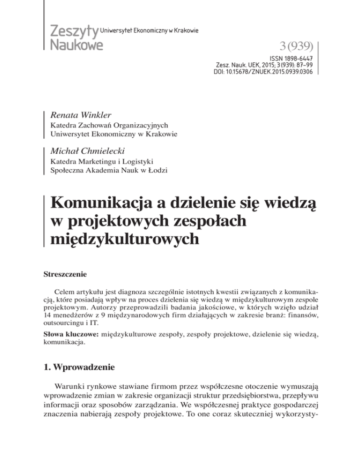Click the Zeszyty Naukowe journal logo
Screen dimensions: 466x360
[x=74, y=37]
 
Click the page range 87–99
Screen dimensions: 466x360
[x=301, y=66]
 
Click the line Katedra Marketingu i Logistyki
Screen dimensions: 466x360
[x=104, y=162]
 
